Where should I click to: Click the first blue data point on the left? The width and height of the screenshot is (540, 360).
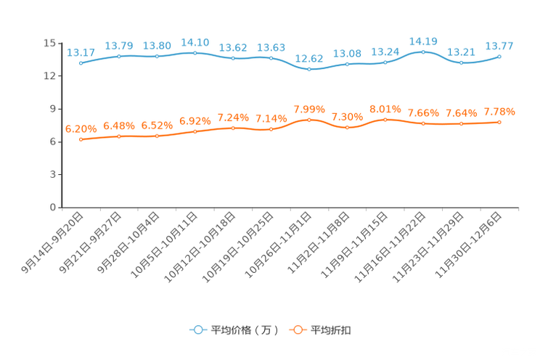(81, 63)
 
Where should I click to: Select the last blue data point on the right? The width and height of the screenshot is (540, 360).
(499, 56)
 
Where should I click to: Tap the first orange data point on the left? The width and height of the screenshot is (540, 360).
(81, 139)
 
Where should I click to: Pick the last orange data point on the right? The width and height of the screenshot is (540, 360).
(499, 122)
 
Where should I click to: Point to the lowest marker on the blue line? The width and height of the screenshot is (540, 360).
(309, 70)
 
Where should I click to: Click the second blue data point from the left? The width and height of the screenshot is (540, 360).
(119, 56)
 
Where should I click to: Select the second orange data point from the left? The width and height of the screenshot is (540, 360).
(119, 136)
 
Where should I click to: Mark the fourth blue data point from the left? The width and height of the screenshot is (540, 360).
(195, 52)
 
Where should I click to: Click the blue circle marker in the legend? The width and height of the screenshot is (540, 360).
(198, 330)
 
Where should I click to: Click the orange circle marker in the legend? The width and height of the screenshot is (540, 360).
(297, 330)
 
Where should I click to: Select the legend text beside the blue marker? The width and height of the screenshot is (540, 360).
(244, 330)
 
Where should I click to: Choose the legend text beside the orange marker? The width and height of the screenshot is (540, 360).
(331, 330)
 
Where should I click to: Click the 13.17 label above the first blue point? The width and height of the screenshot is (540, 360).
(81, 52)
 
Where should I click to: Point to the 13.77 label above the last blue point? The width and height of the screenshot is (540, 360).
(499, 44)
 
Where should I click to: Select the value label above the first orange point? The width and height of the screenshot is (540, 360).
(81, 128)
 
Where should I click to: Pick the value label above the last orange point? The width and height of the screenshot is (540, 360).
(499, 112)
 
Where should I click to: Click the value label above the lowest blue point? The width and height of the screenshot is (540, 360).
(309, 58)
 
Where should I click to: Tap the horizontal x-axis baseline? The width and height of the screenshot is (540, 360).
(290, 208)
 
